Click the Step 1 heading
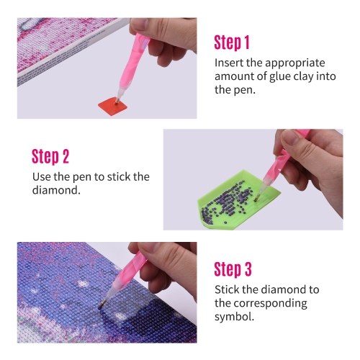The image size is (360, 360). pyautogui.click(x=232, y=42)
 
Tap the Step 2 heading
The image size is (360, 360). pyautogui.click(x=50, y=157)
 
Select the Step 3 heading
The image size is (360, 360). pyautogui.click(x=233, y=269)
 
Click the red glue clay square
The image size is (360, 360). pyautogui.click(x=112, y=106)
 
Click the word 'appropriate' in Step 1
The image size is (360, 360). pyautogui.click(x=295, y=63)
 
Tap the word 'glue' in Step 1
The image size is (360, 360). pyautogui.click(x=280, y=76)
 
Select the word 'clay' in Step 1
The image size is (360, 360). pyautogui.click(x=303, y=76)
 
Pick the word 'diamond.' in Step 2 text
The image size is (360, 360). pyautogui.click(x=56, y=190)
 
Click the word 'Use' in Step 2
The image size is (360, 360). pyautogui.click(x=42, y=177)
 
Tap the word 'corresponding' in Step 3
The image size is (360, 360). pyautogui.click(x=270, y=304)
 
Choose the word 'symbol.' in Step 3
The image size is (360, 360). pyautogui.click(x=234, y=317)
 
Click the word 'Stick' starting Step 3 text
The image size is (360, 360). pyautogui.click(x=227, y=289)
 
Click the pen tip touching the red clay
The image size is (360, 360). pyautogui.click(x=117, y=101)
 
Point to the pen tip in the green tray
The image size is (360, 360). pyautogui.click(x=256, y=198)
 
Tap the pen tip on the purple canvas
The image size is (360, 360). pyautogui.click(x=101, y=306)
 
